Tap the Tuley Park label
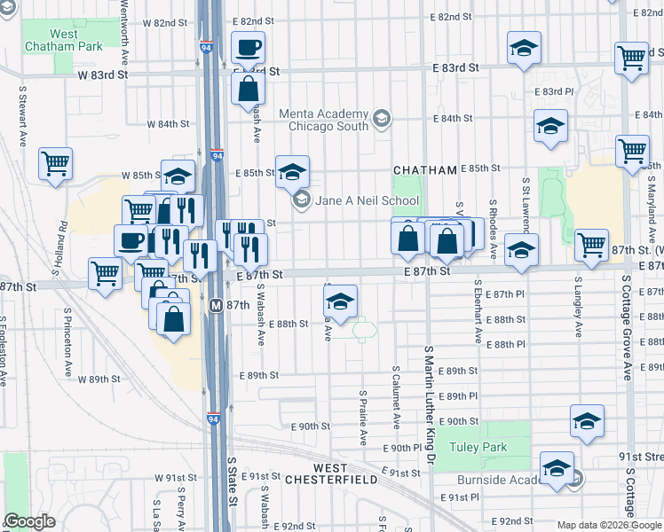(x=479, y=449)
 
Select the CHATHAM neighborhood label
(x=426, y=169)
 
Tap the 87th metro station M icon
(x=216, y=305)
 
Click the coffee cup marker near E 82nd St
(x=248, y=47)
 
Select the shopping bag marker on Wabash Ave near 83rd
(x=248, y=89)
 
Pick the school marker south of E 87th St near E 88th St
(x=340, y=301)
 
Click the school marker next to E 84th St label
(x=550, y=126)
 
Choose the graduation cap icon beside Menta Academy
(x=382, y=118)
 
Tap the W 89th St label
(x=99, y=379)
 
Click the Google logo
(x=29, y=521)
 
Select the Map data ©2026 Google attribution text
(x=609, y=526)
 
